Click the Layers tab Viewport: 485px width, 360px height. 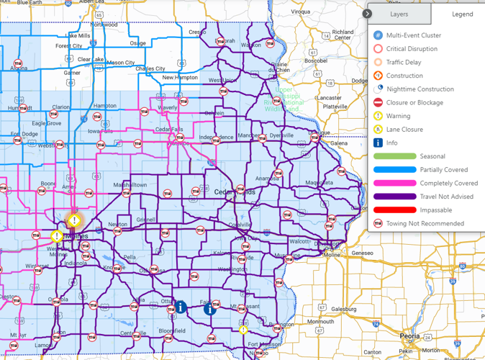(x=399, y=14)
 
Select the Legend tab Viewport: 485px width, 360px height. (x=462, y=14)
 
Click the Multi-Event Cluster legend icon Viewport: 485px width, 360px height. (x=379, y=35)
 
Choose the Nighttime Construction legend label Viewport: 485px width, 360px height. (x=420, y=89)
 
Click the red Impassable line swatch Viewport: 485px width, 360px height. (x=395, y=210)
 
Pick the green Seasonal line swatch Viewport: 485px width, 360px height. (x=395, y=156)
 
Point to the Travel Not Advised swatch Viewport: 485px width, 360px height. (x=395, y=197)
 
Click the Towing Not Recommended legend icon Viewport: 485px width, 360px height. (x=379, y=224)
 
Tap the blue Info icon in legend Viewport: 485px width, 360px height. (x=379, y=143)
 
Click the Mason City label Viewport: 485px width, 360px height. (x=120, y=63)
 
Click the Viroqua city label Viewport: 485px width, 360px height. (x=300, y=12)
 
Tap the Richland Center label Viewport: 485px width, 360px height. (x=343, y=35)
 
